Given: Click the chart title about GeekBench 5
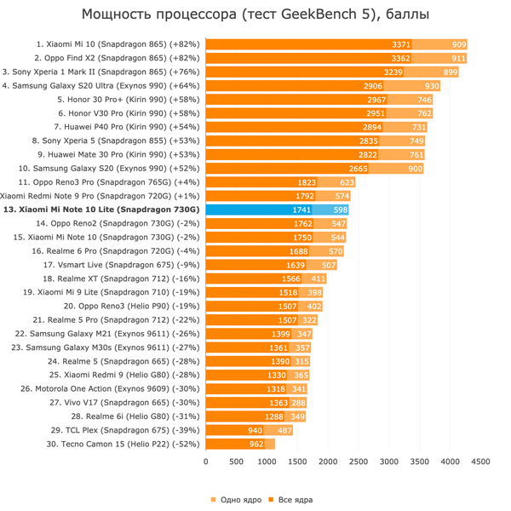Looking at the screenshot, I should click(255, 14).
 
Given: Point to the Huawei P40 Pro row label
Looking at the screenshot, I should click(128, 126).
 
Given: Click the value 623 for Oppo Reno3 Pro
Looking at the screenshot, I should click(347, 181).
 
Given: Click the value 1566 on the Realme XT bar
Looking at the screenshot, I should click(291, 278).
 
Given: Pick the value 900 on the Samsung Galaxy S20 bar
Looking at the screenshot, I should click(416, 168).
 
